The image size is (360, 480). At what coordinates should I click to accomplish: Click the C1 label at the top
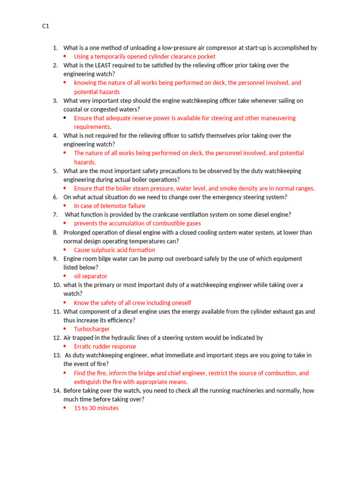[x=45, y=26]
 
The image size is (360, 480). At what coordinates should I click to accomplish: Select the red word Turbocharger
[x=92, y=329]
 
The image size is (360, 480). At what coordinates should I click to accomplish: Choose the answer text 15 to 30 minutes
[x=96, y=408]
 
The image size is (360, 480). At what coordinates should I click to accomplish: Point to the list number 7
[x=55, y=215]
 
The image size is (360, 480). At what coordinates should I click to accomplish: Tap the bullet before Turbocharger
[x=65, y=329]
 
